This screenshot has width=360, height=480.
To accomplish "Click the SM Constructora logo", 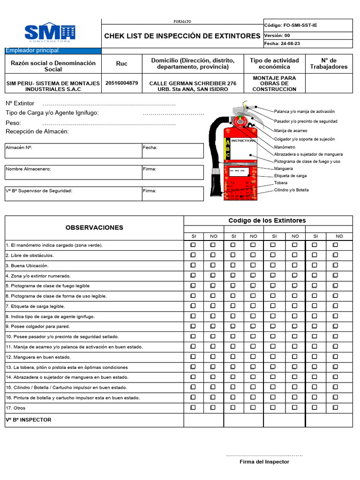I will click(x=50, y=33).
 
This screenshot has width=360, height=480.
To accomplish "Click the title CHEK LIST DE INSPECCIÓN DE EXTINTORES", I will click(x=182, y=36).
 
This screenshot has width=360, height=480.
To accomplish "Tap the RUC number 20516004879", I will click(x=122, y=83).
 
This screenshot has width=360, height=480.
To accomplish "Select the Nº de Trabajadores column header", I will click(x=329, y=63).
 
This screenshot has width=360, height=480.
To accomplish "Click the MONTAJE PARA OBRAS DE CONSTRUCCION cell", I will click(x=274, y=83).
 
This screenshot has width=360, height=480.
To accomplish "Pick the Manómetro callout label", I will click(x=285, y=147).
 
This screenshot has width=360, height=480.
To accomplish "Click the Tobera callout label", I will click(x=281, y=183).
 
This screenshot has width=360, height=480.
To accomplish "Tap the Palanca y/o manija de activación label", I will click(x=304, y=112).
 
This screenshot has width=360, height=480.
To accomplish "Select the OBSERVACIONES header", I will click(x=94, y=227).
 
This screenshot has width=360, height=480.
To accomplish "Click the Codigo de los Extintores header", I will click(x=267, y=220).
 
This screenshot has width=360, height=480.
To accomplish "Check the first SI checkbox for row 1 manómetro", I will click(x=193, y=245).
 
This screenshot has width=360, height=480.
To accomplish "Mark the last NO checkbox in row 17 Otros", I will click(x=335, y=408).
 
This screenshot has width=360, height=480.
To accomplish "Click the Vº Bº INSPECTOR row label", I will click(x=29, y=420).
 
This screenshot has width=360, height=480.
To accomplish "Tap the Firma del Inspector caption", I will click(x=264, y=462).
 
